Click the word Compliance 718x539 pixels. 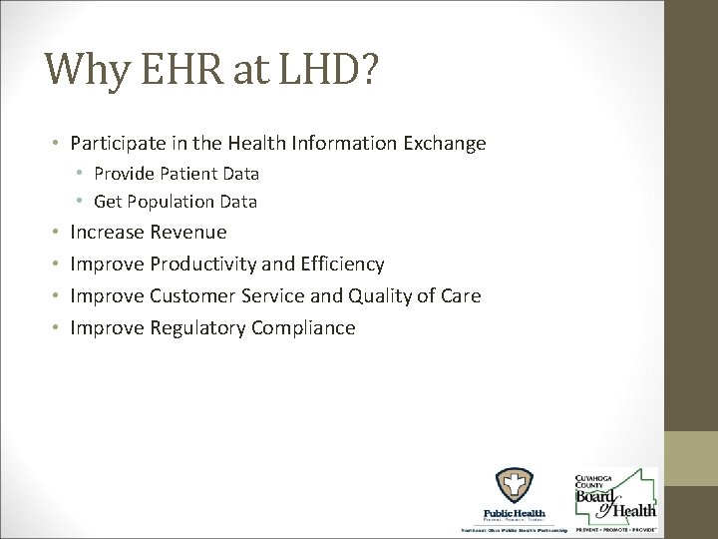(x=308, y=327)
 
